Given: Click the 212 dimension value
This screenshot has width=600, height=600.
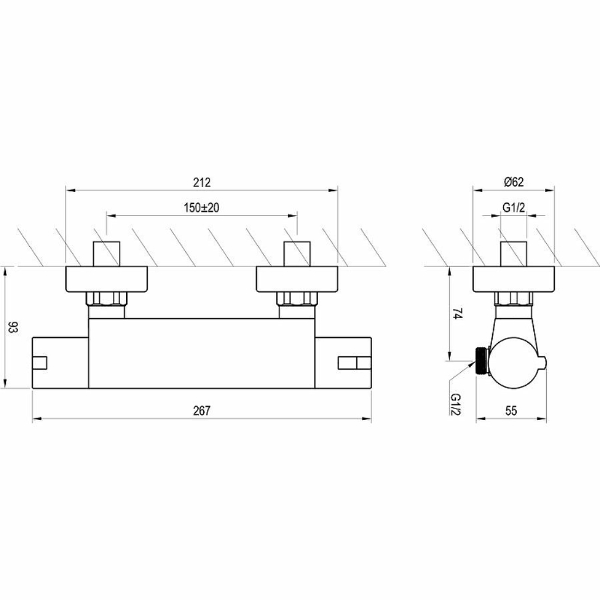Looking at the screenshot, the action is click(202, 182).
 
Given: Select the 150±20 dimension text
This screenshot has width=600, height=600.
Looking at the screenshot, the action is click(202, 208).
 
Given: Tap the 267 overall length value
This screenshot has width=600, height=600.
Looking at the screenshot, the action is click(202, 411).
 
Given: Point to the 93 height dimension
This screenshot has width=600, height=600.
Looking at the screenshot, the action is click(13, 327).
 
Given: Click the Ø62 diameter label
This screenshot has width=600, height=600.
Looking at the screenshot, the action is click(513, 182).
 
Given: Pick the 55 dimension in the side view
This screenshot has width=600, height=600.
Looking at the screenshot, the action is click(511, 411).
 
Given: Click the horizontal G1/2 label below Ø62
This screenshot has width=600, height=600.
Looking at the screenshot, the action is click(513, 207).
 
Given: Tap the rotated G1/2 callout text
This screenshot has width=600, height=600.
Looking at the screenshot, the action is click(456, 404).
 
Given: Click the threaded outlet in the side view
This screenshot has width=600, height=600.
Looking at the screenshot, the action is click(482, 361).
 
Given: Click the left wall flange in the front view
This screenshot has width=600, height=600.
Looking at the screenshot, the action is click(107, 279).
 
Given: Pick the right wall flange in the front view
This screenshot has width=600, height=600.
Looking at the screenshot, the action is click(297, 279).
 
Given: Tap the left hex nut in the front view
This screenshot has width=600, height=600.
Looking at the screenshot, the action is click(107, 299).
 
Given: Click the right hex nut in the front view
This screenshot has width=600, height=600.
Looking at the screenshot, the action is click(297, 299).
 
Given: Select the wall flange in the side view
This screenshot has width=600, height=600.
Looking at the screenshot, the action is click(513, 279).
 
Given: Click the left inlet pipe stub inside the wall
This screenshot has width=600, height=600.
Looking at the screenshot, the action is click(107, 254).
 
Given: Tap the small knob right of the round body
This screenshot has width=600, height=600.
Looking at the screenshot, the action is click(543, 363).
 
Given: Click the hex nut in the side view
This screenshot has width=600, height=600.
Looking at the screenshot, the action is click(513, 299).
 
